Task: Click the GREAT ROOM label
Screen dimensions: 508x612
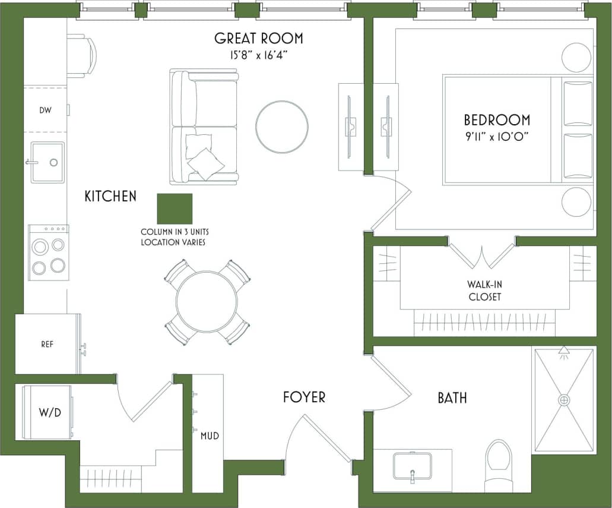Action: point(258,39)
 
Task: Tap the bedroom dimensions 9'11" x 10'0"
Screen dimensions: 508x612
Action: point(497,136)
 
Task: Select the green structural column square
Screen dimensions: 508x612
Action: point(175,209)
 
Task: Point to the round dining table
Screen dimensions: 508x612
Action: point(207,302)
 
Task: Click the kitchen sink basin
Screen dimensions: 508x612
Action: point(47,162)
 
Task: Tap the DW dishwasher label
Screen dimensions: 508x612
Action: point(45,111)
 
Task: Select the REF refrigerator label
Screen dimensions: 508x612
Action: point(47,345)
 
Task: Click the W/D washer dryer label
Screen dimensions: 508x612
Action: point(50,412)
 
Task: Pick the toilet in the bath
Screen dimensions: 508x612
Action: point(499,463)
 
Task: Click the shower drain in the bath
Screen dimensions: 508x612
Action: point(563,400)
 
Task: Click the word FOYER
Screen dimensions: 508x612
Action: point(304,397)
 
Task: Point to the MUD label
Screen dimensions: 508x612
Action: point(210,436)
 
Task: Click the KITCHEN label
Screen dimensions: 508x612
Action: point(110,196)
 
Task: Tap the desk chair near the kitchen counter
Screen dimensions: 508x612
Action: point(82,56)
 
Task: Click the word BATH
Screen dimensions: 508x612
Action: point(452,397)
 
